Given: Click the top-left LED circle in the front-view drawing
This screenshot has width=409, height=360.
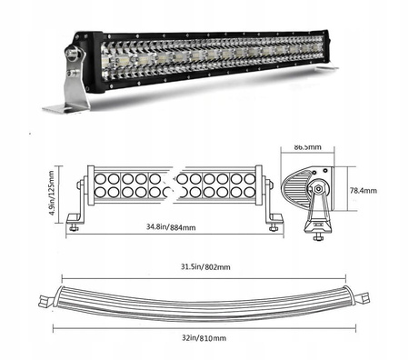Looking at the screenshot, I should pos(100,177).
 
